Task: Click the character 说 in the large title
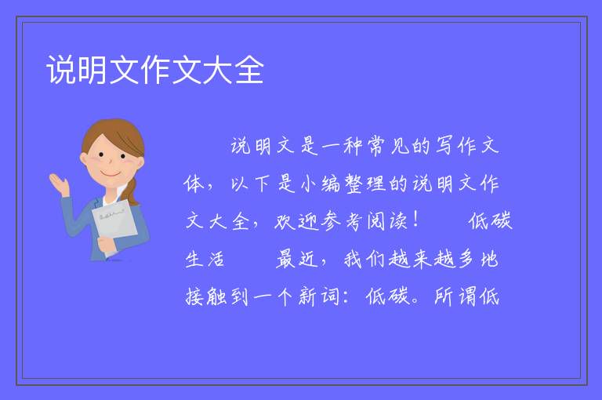(x=61, y=70)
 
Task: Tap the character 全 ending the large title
(x=249, y=70)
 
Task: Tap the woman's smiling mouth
(x=111, y=174)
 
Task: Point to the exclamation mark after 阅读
(x=416, y=220)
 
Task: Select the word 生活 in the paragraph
(x=205, y=259)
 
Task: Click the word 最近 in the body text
(x=297, y=259)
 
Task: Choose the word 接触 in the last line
(x=206, y=296)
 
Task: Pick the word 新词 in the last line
(x=319, y=296)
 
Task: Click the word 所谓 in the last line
(x=455, y=296)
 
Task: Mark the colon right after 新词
(x=346, y=297)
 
